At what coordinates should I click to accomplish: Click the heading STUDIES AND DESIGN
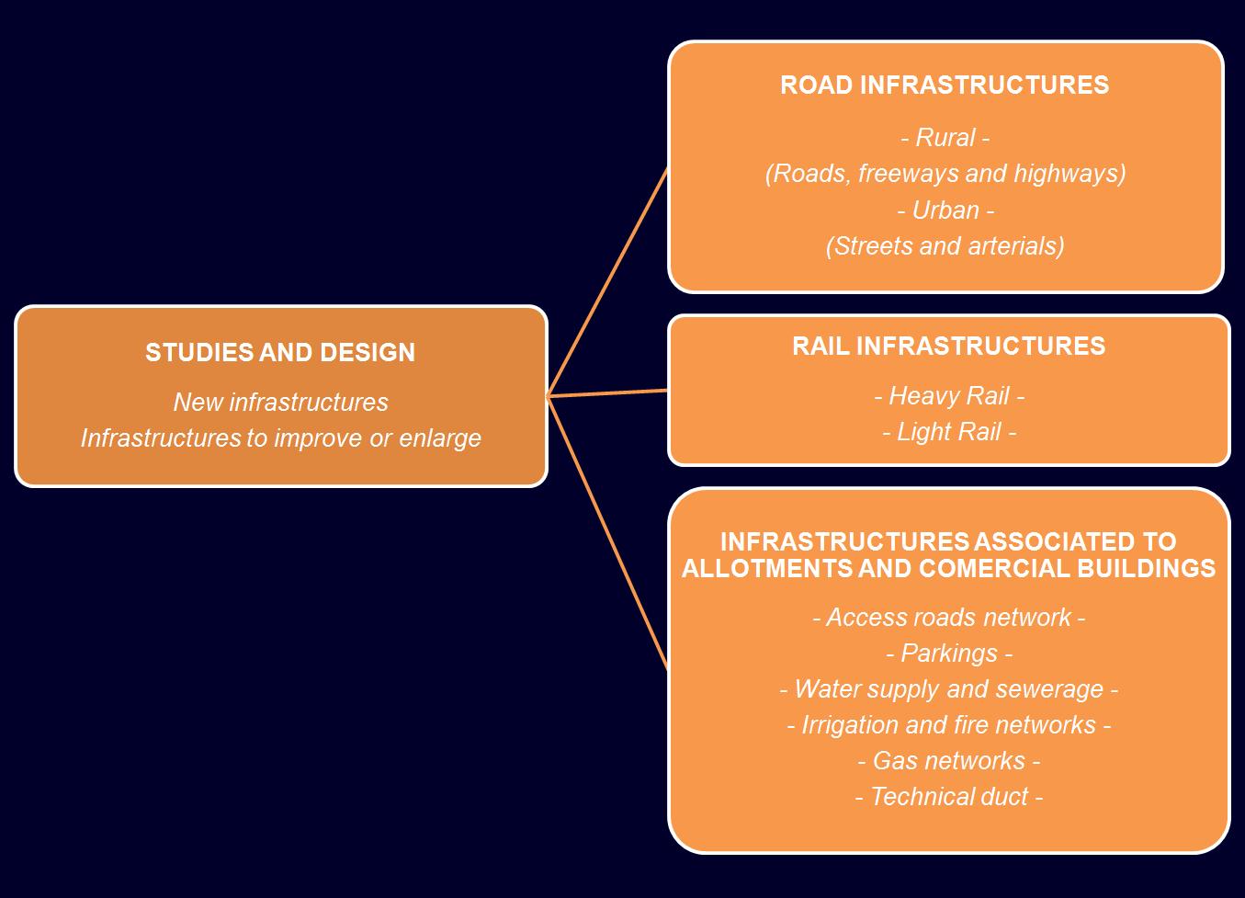pyautogui.click(x=280, y=353)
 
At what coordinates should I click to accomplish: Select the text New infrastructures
pyautogui.click(x=280, y=403)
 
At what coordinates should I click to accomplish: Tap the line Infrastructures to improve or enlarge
pyautogui.click(x=280, y=438)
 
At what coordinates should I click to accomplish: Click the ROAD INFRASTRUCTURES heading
pyautogui.click(x=945, y=85)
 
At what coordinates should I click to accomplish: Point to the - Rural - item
pyautogui.click(x=945, y=138)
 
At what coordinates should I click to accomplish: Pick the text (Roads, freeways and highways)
pyautogui.click(x=945, y=174)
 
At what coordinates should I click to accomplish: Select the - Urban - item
pyautogui.click(x=945, y=210)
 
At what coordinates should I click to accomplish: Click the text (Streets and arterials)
pyautogui.click(x=945, y=246)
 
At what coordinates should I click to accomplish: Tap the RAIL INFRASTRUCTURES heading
pyautogui.click(x=948, y=347)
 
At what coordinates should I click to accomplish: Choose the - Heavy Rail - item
pyautogui.click(x=948, y=396)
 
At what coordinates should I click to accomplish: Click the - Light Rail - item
pyautogui.click(x=948, y=432)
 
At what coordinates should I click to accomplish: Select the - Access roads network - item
pyautogui.click(x=948, y=618)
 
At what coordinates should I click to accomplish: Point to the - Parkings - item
pyautogui.click(x=948, y=654)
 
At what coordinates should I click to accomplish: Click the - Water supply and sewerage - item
pyautogui.click(x=948, y=689)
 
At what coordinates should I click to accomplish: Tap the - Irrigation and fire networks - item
pyautogui.click(x=948, y=725)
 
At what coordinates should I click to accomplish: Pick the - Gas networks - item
pyautogui.click(x=948, y=761)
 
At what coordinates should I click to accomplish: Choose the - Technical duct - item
pyautogui.click(x=948, y=797)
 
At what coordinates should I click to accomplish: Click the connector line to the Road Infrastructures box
pyautogui.click(x=607, y=281)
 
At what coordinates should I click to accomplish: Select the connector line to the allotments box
pyautogui.click(x=607, y=532)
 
